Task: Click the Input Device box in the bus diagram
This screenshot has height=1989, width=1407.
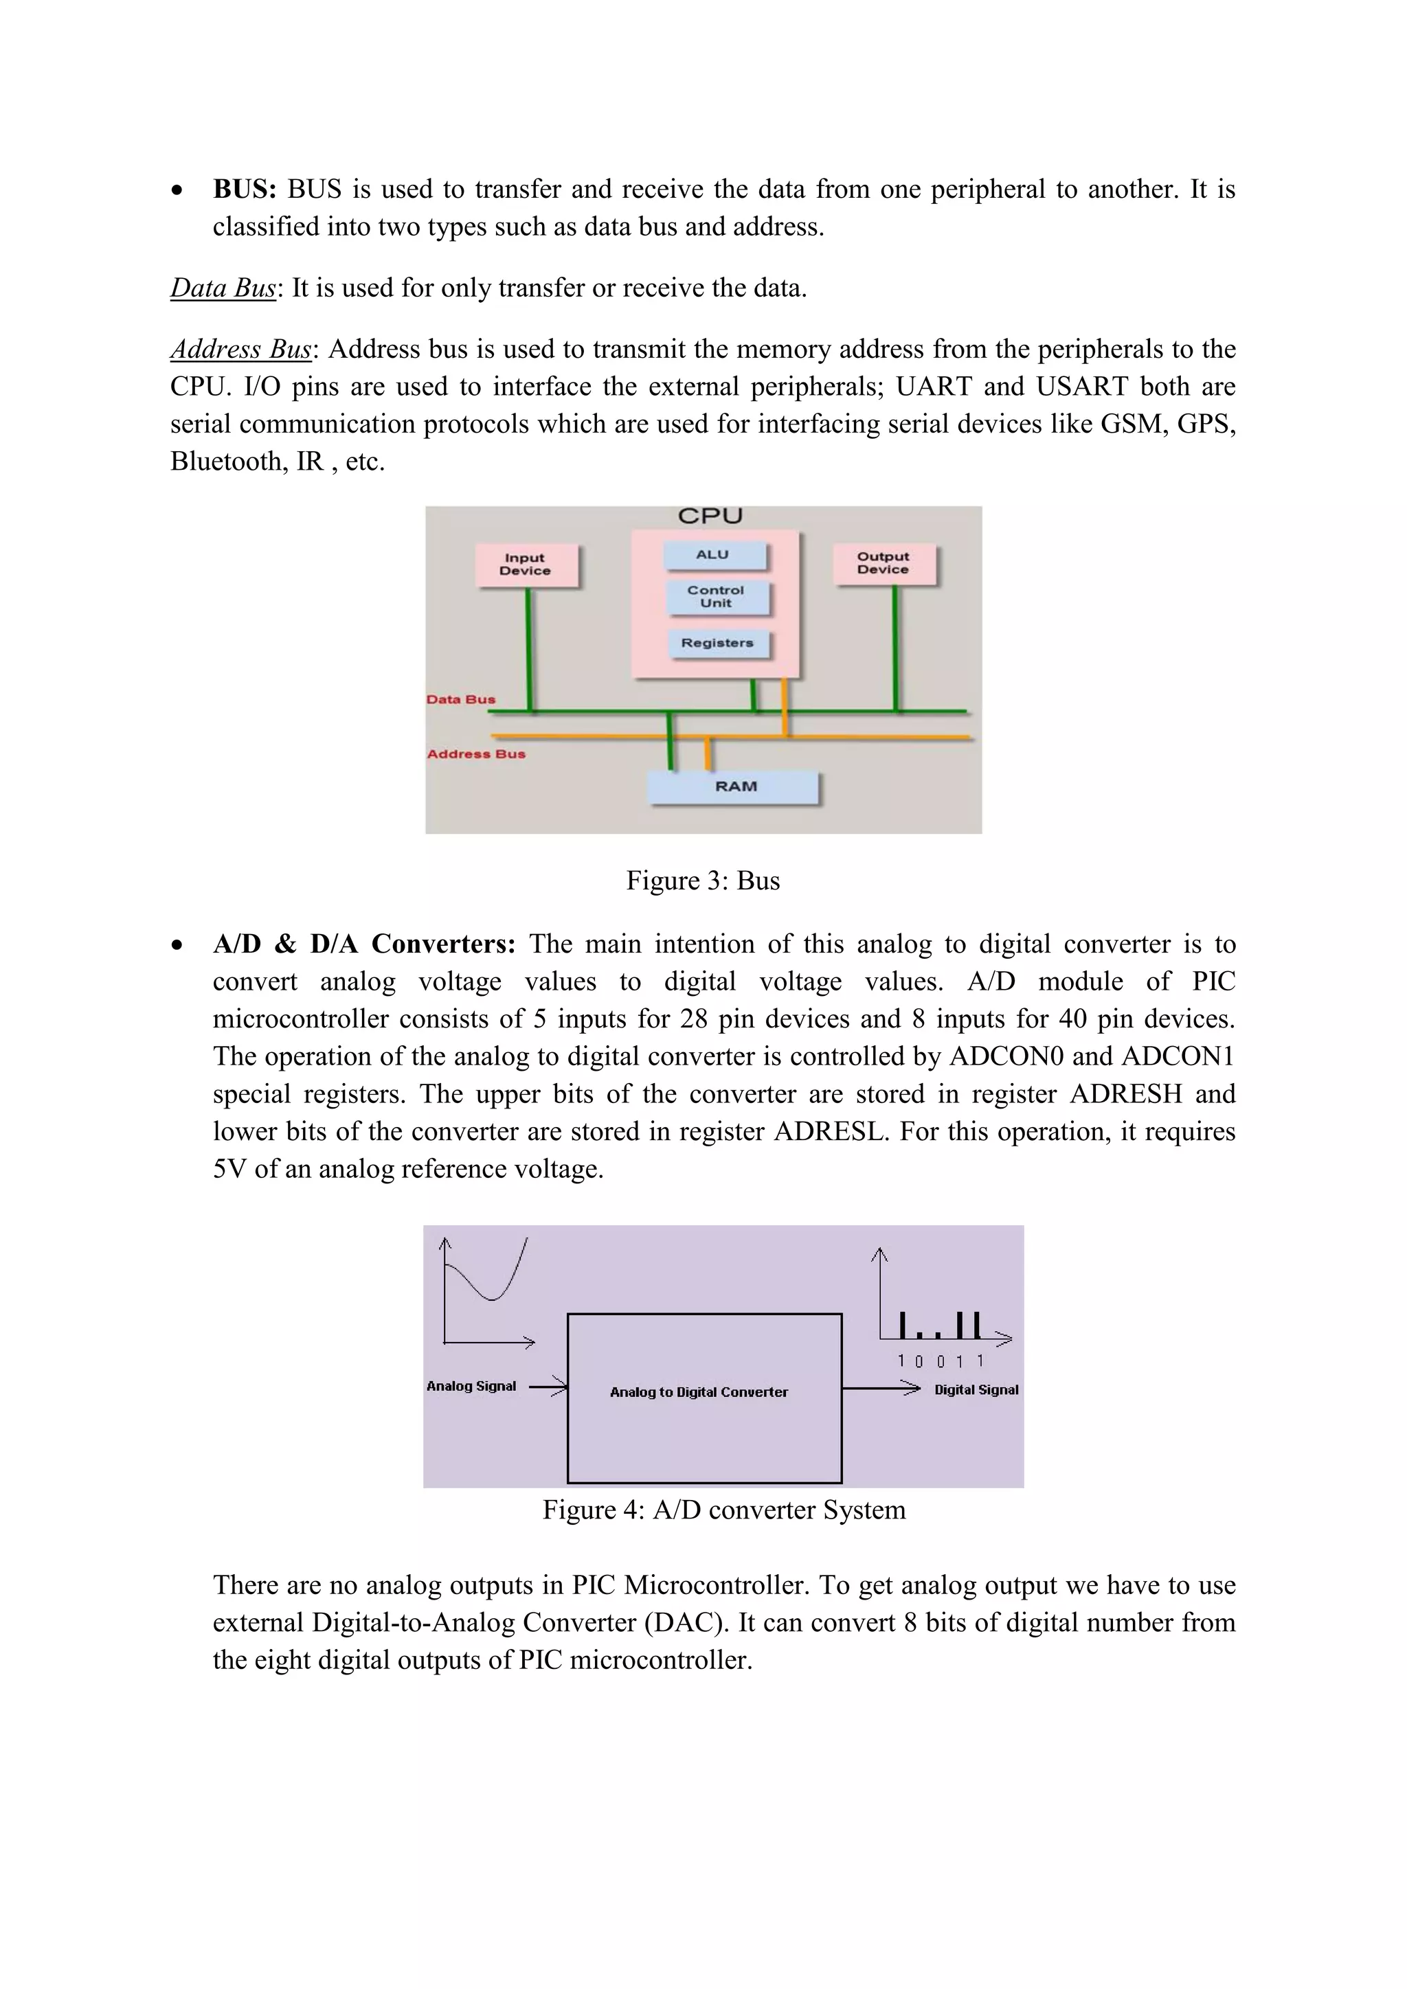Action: [525, 565]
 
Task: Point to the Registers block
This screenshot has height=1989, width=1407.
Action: [717, 643]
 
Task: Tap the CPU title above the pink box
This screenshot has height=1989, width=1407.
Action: [710, 516]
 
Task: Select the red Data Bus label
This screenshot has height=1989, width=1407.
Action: [461, 700]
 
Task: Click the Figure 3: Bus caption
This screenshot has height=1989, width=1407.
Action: [703, 881]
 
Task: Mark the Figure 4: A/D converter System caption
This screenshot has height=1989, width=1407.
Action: [723, 1510]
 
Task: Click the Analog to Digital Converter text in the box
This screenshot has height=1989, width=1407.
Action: [698, 1392]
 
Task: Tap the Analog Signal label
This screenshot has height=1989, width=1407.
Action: [471, 1386]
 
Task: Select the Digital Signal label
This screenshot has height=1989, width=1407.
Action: [976, 1389]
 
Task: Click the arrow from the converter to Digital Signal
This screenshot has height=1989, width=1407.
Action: [880, 1389]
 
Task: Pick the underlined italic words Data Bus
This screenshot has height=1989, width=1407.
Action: [223, 288]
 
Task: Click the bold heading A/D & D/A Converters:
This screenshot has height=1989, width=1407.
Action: [364, 944]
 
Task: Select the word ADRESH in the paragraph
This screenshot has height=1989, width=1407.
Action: [1125, 1094]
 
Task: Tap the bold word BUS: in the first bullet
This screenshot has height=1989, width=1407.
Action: [245, 189]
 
